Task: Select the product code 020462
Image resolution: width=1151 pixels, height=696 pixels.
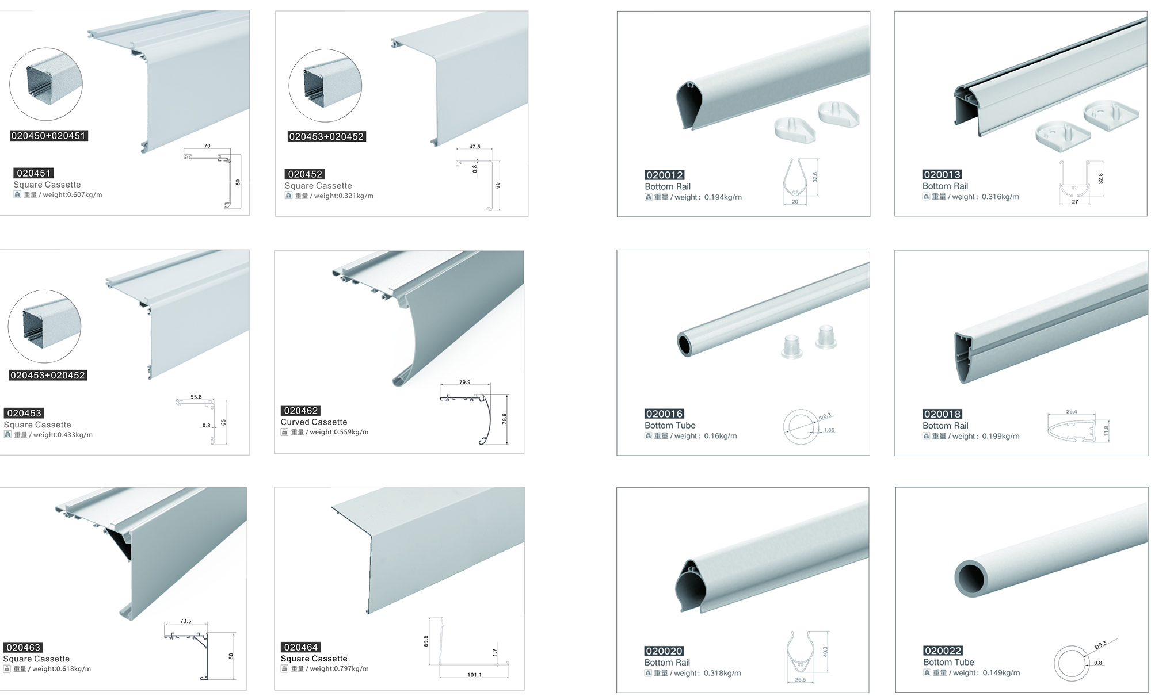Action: click(300, 411)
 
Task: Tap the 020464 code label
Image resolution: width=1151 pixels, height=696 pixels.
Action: click(301, 647)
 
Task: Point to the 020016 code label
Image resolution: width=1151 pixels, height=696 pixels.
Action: click(664, 414)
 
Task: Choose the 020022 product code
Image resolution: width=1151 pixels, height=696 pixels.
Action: click(943, 651)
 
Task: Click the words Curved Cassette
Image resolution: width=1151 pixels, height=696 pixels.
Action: click(314, 422)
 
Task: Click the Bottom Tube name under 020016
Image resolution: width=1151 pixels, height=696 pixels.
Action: click(670, 425)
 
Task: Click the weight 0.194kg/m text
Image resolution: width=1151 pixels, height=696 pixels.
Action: click(708, 197)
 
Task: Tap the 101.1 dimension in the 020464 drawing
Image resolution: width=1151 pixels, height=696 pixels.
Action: click(474, 675)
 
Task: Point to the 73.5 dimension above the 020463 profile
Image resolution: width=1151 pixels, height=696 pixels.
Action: click(185, 621)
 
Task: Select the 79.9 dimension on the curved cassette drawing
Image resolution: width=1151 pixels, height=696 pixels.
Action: click(465, 382)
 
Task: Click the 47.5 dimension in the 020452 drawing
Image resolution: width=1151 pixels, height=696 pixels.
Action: click(474, 147)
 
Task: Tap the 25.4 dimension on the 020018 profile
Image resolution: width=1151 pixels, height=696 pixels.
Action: click(1071, 412)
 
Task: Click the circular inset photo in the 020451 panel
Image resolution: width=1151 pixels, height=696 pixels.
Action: click(46, 84)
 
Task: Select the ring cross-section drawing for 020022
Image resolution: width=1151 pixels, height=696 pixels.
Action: click(1072, 663)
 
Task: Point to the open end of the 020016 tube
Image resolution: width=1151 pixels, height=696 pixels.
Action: click(685, 345)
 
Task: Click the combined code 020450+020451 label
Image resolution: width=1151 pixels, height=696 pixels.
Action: click(49, 136)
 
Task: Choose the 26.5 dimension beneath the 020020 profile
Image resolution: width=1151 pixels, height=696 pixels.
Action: click(800, 680)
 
